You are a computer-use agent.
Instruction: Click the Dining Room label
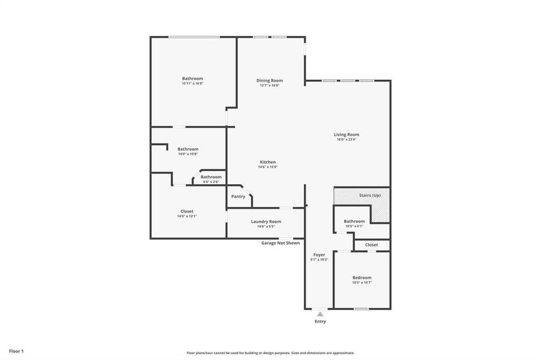(x=270, y=80)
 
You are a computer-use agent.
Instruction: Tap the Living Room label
(x=346, y=134)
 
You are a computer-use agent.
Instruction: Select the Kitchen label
(x=268, y=162)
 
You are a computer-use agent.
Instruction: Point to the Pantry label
(x=238, y=196)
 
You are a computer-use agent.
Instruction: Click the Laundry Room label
(x=265, y=221)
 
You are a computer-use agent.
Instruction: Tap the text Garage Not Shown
(x=280, y=243)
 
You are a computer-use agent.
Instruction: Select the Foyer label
(x=319, y=254)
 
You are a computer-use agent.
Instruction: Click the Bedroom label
(x=361, y=277)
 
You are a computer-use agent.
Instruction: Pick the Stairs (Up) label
(x=369, y=196)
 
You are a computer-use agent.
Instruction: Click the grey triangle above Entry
(x=320, y=314)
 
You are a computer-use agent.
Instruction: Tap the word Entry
(x=320, y=322)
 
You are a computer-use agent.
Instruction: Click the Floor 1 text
(x=16, y=350)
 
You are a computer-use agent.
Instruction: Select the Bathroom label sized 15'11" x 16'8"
(x=193, y=79)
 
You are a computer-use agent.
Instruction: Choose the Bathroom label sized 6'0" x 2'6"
(x=211, y=177)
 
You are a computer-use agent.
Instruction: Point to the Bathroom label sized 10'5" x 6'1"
(x=354, y=221)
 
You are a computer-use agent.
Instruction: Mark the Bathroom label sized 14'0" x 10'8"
(x=188, y=149)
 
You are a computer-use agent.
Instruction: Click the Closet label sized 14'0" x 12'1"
(x=187, y=211)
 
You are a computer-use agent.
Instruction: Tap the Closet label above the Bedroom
(x=371, y=245)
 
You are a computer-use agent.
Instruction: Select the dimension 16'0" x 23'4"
(x=346, y=140)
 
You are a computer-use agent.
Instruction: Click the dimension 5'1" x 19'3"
(x=319, y=260)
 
